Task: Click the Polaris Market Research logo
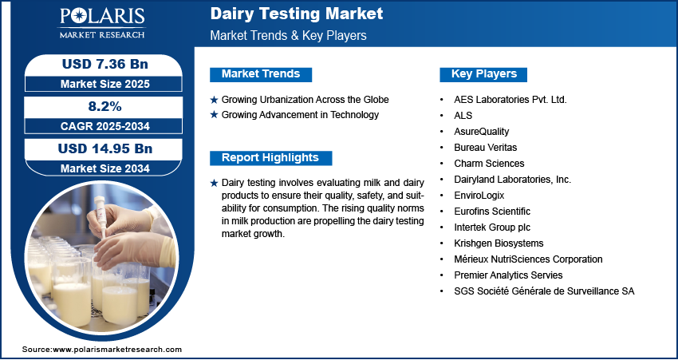click(102, 23)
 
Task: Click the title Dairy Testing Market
click(297, 14)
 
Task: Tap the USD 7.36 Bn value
click(105, 64)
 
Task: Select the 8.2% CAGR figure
click(105, 106)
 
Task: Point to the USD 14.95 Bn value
click(105, 148)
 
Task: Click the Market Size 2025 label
click(104, 84)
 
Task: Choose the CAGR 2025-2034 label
click(104, 126)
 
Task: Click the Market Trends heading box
click(261, 74)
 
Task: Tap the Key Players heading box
click(483, 74)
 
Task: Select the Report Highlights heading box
click(270, 158)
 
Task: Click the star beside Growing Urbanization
click(214, 100)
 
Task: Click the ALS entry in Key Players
click(463, 116)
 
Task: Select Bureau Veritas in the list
click(485, 148)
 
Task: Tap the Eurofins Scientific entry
click(492, 212)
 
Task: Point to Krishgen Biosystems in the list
click(499, 243)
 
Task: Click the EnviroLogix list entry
click(479, 196)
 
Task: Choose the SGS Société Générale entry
click(544, 291)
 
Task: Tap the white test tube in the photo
click(101, 216)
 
